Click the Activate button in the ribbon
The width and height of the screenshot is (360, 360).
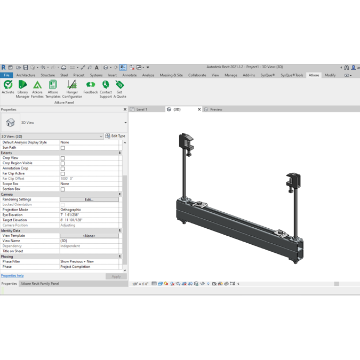click(8, 87)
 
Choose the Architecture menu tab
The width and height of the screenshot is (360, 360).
click(26, 75)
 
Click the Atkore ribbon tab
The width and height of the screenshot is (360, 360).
click(314, 75)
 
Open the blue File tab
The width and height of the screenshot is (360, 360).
click(6, 75)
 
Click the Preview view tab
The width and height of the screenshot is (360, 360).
click(216, 109)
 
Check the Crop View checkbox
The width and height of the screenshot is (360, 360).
click(62, 158)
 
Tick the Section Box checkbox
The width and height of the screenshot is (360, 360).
click(62, 189)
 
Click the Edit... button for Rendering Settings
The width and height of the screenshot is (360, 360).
click(89, 199)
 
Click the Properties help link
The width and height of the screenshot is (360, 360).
click(12, 276)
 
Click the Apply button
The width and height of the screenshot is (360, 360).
click(116, 276)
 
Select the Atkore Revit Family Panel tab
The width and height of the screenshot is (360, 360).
click(40, 284)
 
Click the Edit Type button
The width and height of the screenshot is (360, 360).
click(115, 136)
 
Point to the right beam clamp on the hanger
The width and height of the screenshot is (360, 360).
click(293, 181)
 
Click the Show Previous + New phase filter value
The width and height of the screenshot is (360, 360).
click(77, 261)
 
